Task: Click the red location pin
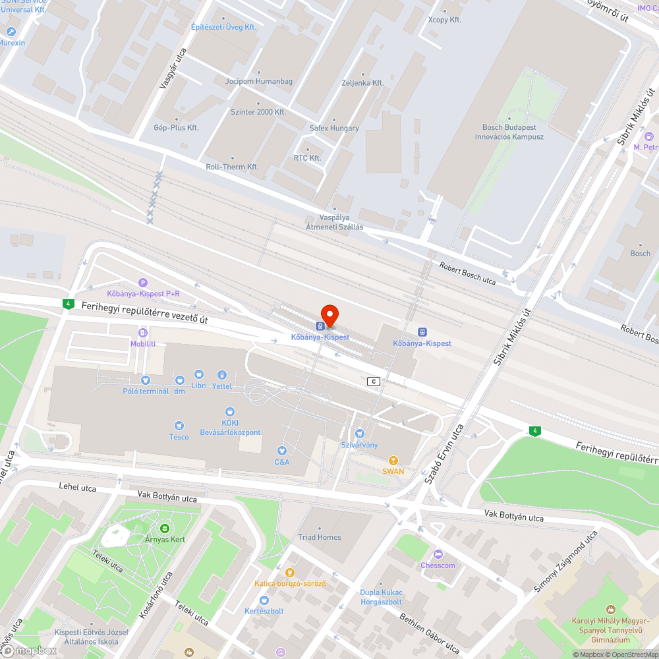[329, 315]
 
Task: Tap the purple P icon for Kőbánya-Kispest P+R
[143, 283]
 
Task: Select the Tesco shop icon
[179, 426]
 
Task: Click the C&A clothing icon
[282, 451]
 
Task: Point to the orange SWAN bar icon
[393, 460]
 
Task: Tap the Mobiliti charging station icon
[143, 333]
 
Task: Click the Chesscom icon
[438, 554]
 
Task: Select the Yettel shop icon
[222, 375]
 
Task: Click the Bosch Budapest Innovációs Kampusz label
[509, 132]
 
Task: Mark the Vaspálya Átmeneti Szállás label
[334, 222]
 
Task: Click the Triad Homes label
[320, 537]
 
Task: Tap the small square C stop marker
[374, 382]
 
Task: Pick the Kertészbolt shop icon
[264, 600]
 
